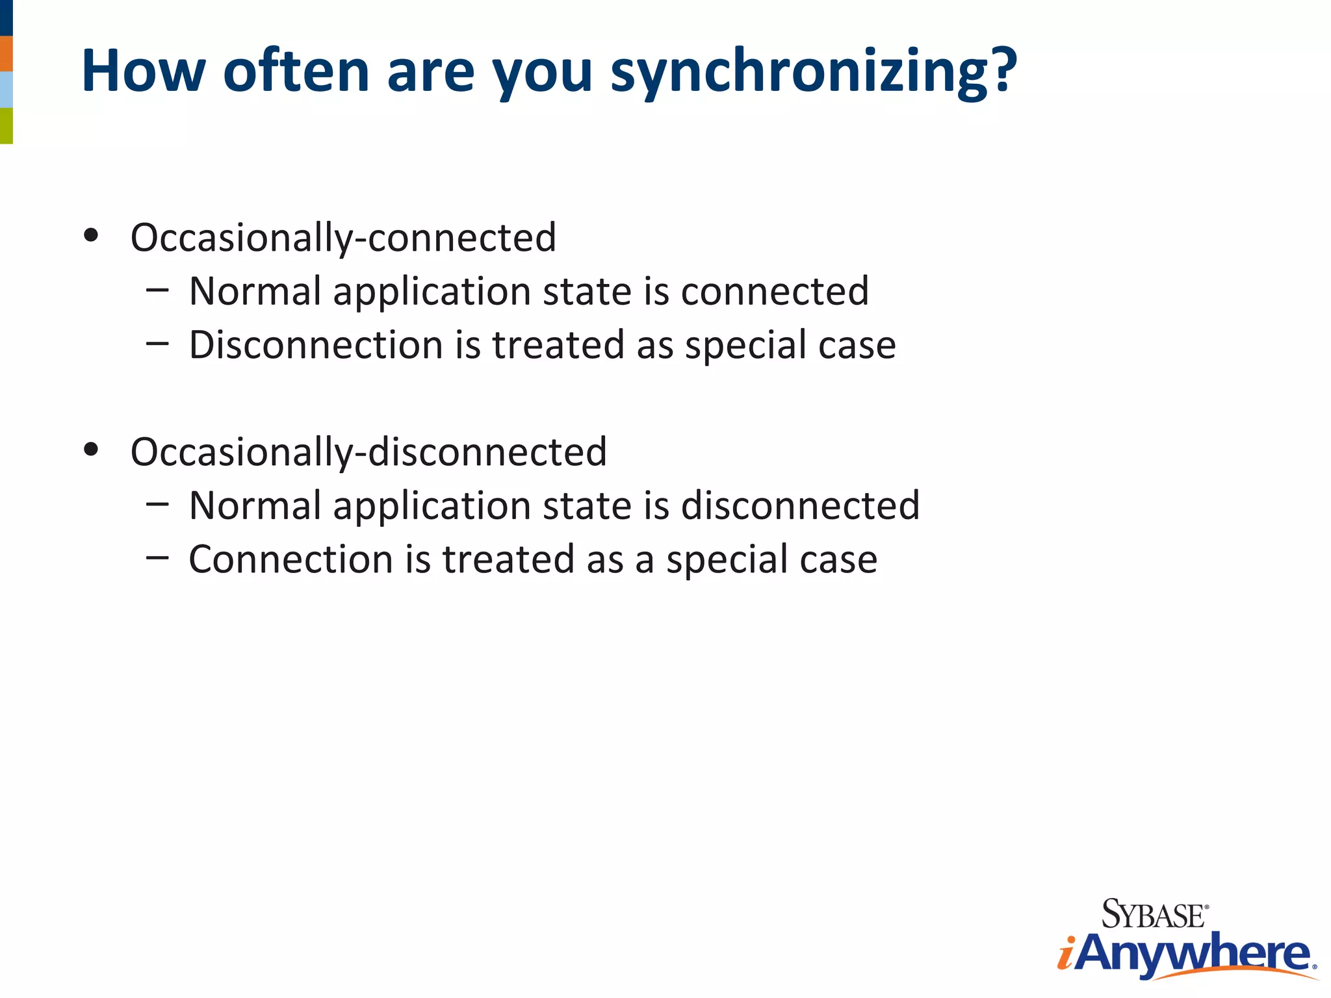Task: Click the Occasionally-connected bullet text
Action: pyautogui.click(x=343, y=238)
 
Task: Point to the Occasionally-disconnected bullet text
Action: pyautogui.click(x=368, y=452)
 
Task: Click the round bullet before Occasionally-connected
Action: pyautogui.click(x=91, y=235)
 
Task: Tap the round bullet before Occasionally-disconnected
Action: pyautogui.click(x=91, y=449)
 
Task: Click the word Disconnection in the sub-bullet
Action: pyautogui.click(x=316, y=344)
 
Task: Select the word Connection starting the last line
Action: pyautogui.click(x=291, y=559)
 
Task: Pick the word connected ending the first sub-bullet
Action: pyautogui.click(x=775, y=291)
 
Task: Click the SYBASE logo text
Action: pyautogui.click(x=1154, y=915)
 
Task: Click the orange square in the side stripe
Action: pyautogui.click(x=6, y=53)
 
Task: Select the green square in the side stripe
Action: pyautogui.click(x=6, y=125)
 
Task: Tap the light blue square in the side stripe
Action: pyautogui.click(x=6, y=90)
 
